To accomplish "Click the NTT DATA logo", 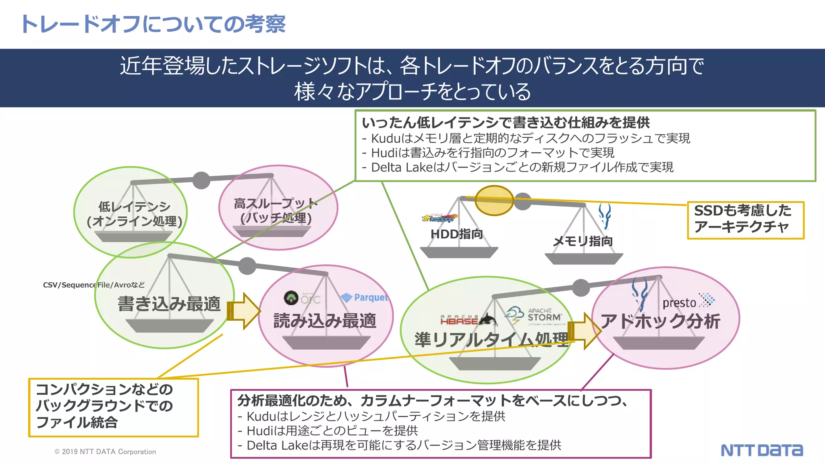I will [761, 450].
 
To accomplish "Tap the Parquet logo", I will [364, 298].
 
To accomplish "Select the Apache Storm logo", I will [534, 316].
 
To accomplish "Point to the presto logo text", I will [679, 303].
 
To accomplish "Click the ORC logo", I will [302, 298].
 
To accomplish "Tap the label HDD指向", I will [456, 234].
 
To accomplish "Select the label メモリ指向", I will [582, 241].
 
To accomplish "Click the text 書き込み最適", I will [169, 304].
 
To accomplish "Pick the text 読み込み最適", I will [325, 321].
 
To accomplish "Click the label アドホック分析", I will [660, 321].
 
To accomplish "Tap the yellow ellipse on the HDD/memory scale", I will [494, 200].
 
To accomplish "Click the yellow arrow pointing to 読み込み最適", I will [244, 311].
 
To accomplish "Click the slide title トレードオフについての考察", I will [153, 24].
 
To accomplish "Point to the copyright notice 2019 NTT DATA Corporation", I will [105, 452].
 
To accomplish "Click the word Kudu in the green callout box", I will [385, 139].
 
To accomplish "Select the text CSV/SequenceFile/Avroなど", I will [93, 285].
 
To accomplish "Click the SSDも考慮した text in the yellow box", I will [742, 211].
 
